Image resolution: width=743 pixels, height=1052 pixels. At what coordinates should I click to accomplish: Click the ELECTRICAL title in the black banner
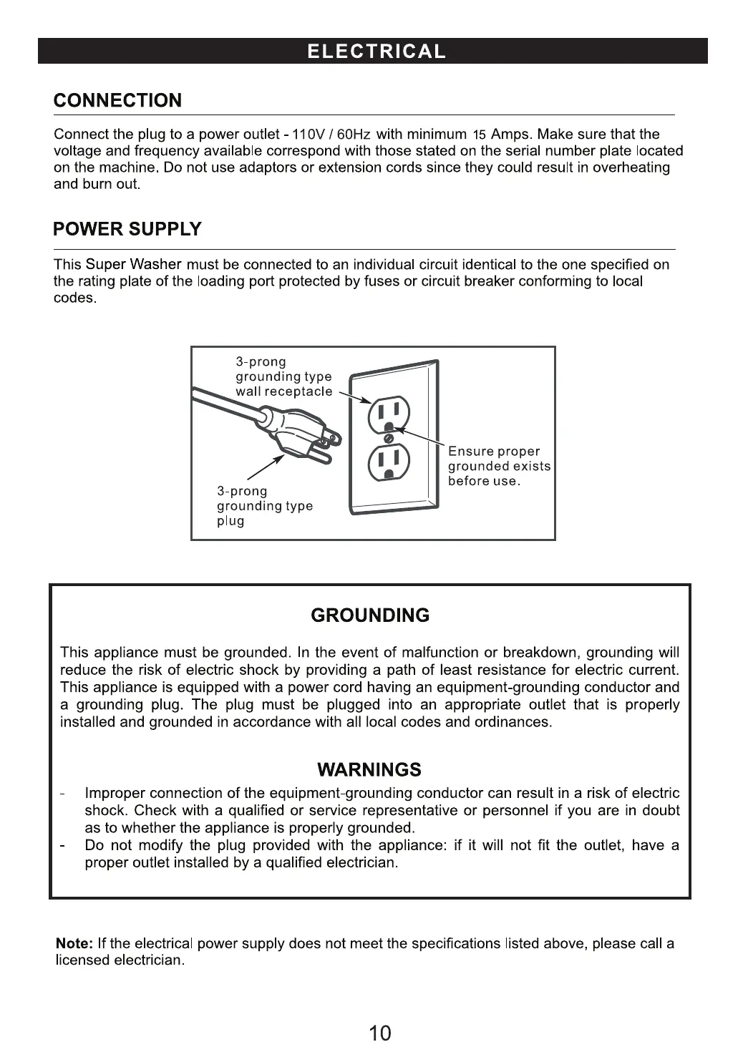point(376,52)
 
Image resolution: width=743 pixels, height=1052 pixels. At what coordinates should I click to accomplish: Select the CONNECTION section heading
point(117,100)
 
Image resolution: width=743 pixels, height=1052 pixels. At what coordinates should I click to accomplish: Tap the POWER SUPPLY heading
point(127,229)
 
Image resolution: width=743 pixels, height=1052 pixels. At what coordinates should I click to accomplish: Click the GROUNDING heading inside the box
point(370,615)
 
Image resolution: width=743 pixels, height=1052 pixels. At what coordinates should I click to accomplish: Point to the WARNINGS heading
point(369,770)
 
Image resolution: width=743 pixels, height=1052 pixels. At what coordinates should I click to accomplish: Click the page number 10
point(380,1033)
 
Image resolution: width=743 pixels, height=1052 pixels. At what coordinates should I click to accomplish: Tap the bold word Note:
point(74,943)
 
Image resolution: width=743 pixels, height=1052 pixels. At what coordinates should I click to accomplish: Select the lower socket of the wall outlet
point(389,462)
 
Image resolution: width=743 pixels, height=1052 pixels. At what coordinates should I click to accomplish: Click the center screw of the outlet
point(389,438)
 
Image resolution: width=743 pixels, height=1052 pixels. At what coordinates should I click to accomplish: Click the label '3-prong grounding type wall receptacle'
point(283,376)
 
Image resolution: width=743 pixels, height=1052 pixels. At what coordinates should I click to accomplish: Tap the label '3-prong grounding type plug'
point(264,506)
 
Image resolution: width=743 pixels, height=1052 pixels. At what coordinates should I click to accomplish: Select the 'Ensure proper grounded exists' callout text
point(498,466)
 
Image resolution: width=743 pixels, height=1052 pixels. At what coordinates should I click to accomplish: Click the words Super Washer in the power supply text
point(133,264)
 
